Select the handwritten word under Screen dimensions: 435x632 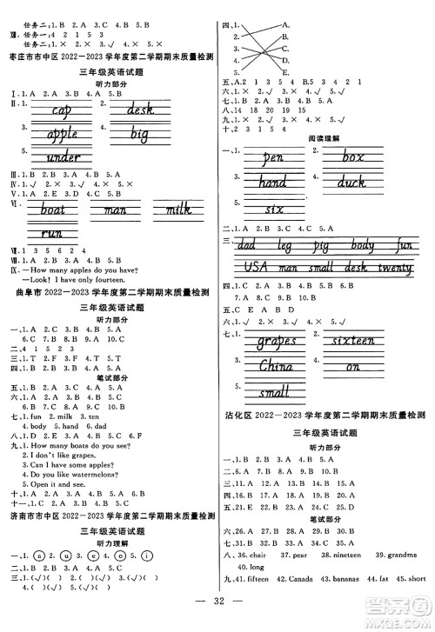point(57,158)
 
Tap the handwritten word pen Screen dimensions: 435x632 point(272,160)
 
